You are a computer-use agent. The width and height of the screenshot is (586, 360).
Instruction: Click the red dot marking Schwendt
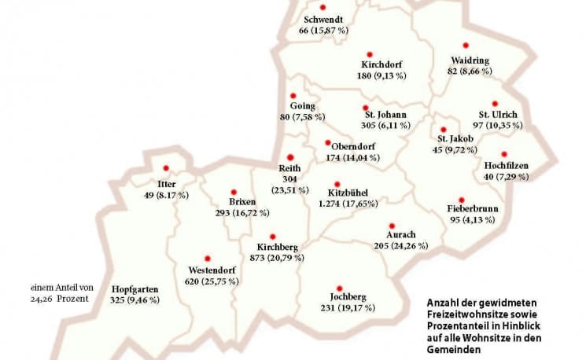(322, 7)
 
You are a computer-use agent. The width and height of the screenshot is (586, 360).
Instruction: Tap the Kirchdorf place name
(382, 64)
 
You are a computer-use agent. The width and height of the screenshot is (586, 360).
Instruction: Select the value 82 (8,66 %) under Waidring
(470, 71)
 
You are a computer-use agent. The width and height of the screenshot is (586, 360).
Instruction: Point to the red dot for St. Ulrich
(495, 104)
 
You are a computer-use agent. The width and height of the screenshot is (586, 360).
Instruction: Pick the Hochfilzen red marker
(504, 154)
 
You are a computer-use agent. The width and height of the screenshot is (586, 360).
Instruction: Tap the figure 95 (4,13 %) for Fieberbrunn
(472, 220)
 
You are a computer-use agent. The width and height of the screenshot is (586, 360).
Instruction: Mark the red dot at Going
(293, 96)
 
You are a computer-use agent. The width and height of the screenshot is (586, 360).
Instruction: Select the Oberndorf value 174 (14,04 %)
(352, 157)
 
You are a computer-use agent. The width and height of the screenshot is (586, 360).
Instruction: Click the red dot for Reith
(289, 157)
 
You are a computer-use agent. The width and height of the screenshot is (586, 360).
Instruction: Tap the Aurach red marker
(391, 225)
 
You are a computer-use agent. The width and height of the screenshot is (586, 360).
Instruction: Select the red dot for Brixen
(234, 192)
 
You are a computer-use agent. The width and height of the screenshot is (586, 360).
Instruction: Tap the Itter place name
(166, 184)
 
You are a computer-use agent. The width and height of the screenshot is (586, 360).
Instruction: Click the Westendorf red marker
(208, 259)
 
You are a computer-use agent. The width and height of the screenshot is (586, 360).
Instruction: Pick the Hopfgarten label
(135, 289)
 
